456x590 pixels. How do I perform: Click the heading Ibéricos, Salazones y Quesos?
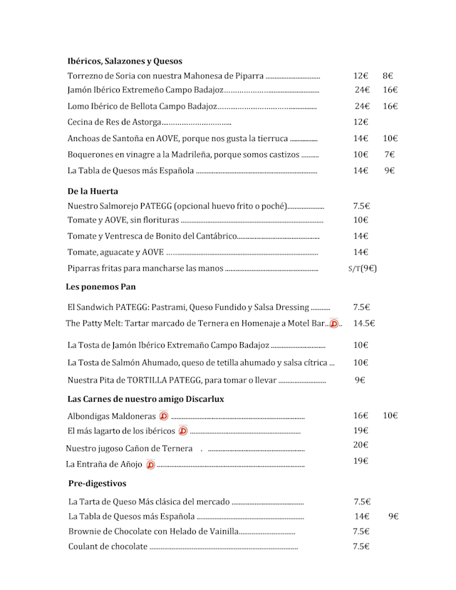pyautogui.click(x=125, y=61)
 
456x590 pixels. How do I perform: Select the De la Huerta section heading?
pyautogui.click(x=93, y=191)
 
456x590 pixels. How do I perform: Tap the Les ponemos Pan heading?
pyautogui.click(x=100, y=287)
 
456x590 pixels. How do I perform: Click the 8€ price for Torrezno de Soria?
pyautogui.click(x=388, y=76)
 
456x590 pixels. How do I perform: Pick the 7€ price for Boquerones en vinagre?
pyautogui.click(x=390, y=155)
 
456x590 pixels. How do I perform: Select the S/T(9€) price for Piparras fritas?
pyautogui.click(x=362, y=269)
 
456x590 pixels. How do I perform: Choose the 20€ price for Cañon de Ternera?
pyautogui.click(x=361, y=445)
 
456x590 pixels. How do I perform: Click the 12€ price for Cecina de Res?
pyautogui.click(x=361, y=122)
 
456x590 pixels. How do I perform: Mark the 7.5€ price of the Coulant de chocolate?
pyautogui.click(x=361, y=547)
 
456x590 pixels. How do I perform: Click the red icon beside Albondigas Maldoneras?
pyautogui.click(x=163, y=415)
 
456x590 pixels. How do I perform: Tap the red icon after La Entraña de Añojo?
pyautogui.click(x=150, y=465)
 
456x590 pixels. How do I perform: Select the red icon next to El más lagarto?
pyautogui.click(x=182, y=431)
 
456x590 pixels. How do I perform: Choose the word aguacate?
pyautogui.click(x=120, y=252)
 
